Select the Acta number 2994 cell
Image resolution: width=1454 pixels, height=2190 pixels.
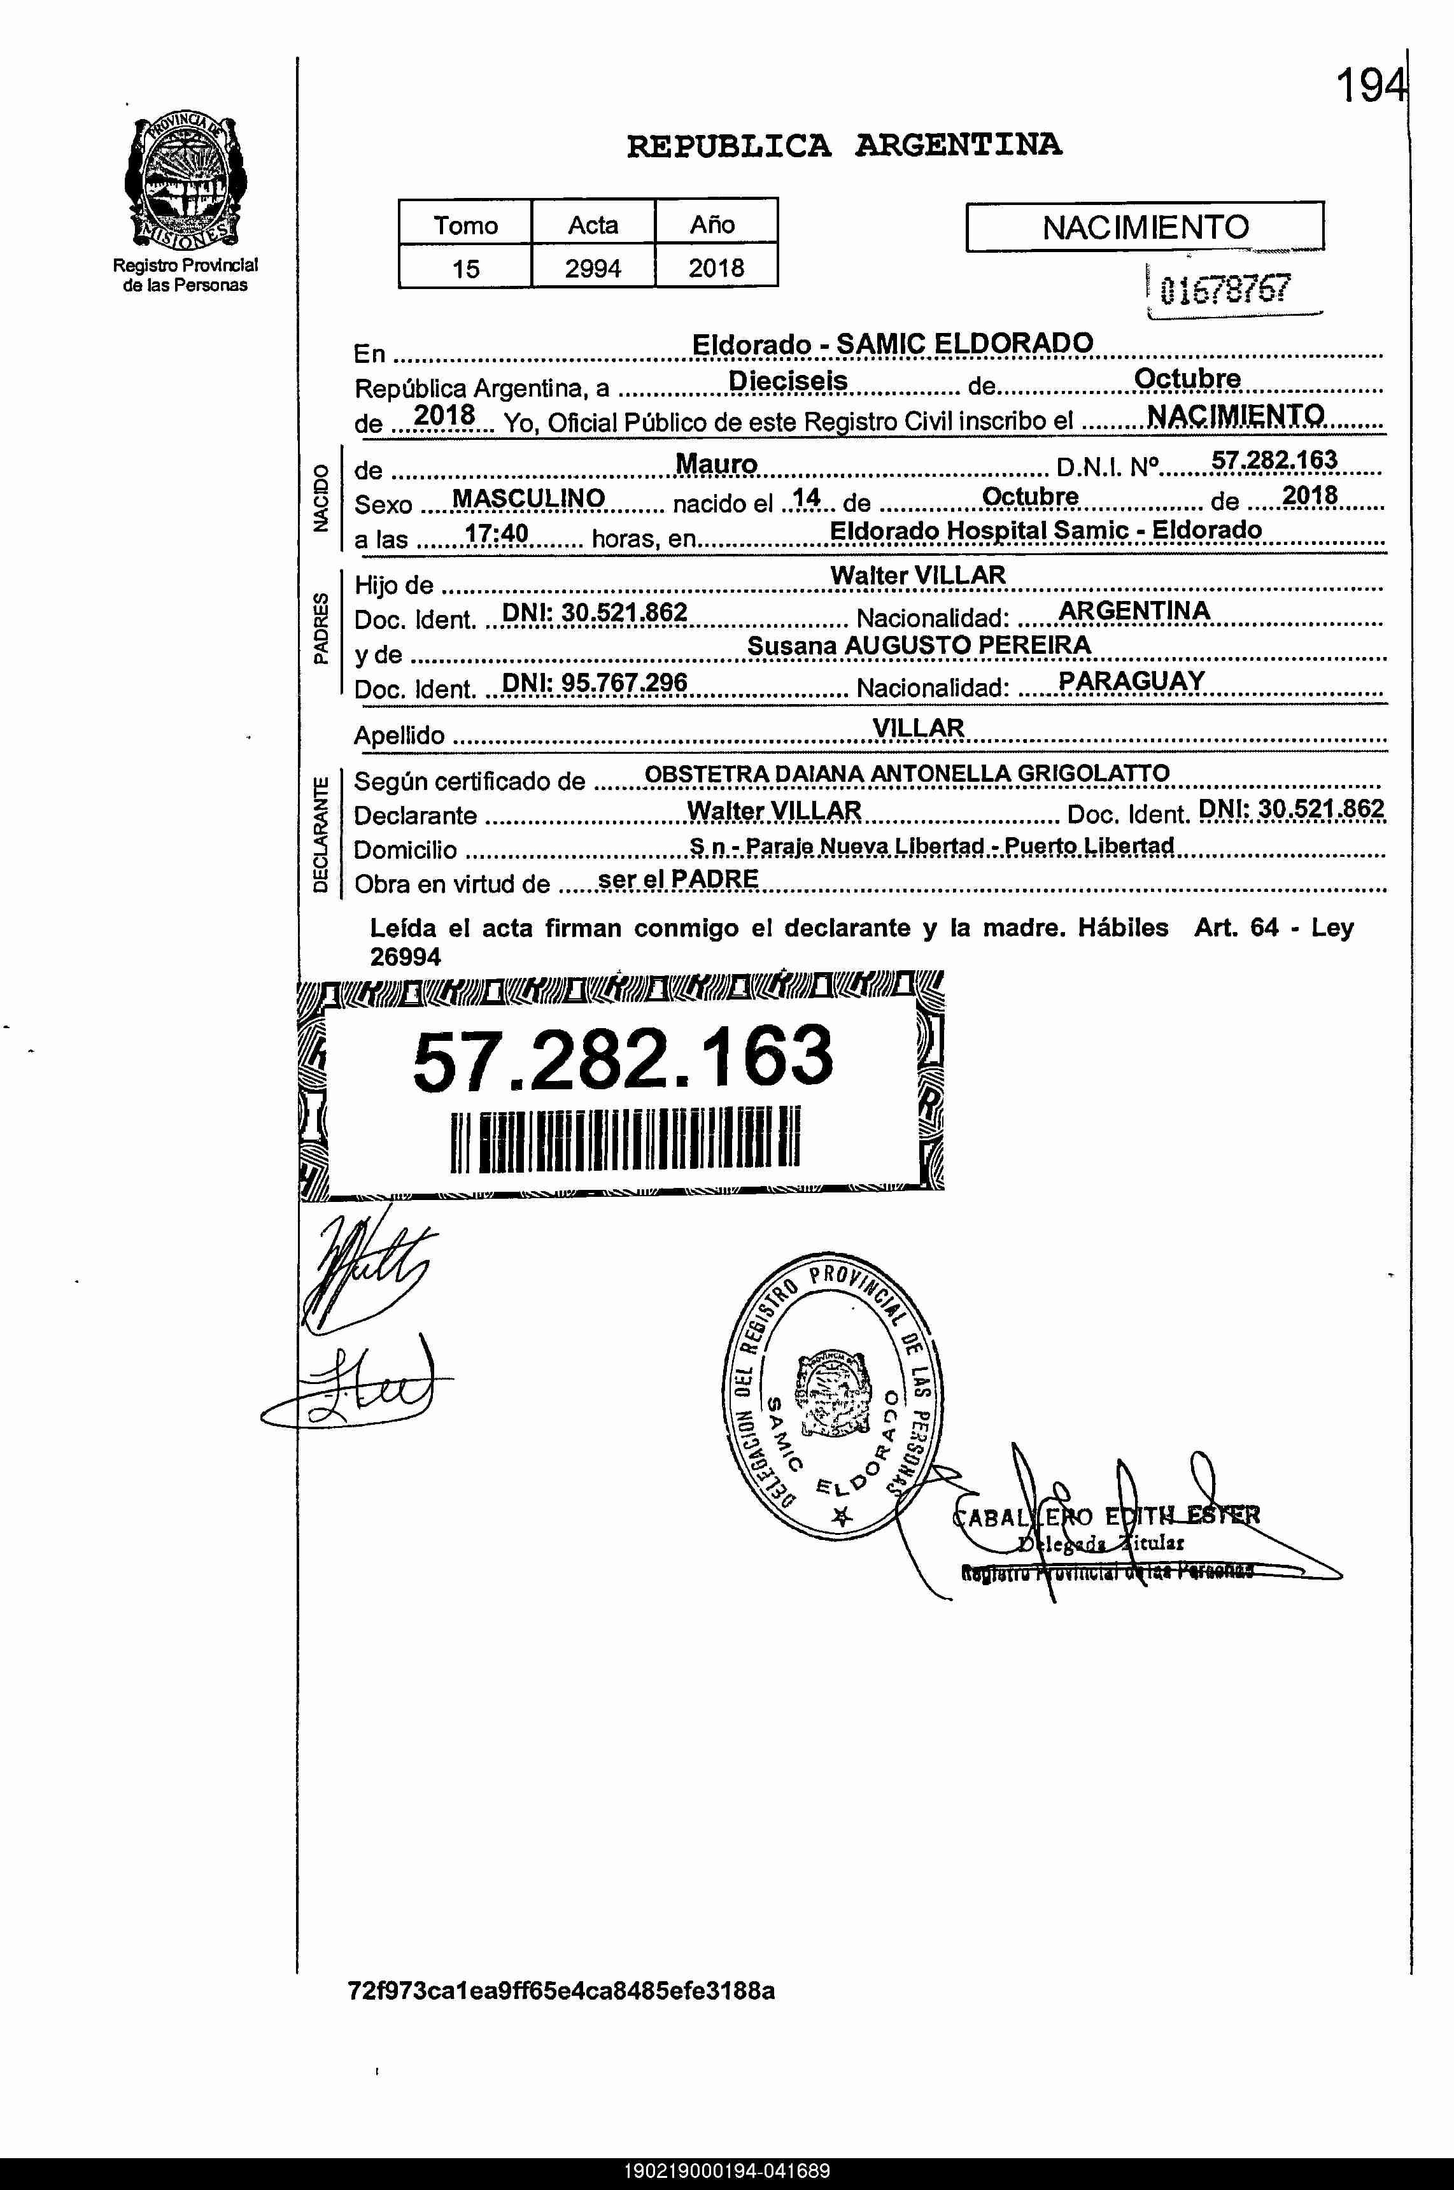(593, 268)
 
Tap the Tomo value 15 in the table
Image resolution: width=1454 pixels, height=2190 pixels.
(465, 269)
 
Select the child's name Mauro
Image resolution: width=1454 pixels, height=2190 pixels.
(716, 463)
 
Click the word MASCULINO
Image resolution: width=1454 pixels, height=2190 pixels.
(528, 499)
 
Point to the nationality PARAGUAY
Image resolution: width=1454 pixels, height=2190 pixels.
(1131, 681)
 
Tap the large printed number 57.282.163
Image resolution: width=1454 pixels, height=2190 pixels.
(622, 1058)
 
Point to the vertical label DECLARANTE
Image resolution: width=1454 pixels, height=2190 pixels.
(320, 835)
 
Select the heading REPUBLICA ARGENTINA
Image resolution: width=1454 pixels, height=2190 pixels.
(844, 146)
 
